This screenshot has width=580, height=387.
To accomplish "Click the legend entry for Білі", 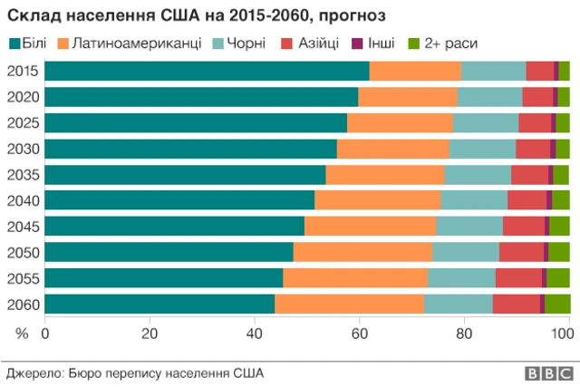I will [x=30, y=43].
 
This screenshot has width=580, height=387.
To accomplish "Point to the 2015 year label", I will [x=22, y=72].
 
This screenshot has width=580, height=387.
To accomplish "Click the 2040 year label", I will [x=22, y=200].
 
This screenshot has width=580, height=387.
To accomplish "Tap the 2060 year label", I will [x=22, y=304].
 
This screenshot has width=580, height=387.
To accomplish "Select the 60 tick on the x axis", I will [x=359, y=333].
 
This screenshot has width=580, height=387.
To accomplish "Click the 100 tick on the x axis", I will [x=564, y=333].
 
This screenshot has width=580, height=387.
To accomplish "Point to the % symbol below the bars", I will [x=23, y=333].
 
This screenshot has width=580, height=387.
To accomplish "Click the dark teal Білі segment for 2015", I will [x=207, y=72].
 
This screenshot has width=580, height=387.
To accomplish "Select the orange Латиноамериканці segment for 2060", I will [x=349, y=304].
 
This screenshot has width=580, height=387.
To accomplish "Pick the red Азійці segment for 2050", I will [x=521, y=252].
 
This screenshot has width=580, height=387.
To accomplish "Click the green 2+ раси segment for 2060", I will [x=557, y=304].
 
